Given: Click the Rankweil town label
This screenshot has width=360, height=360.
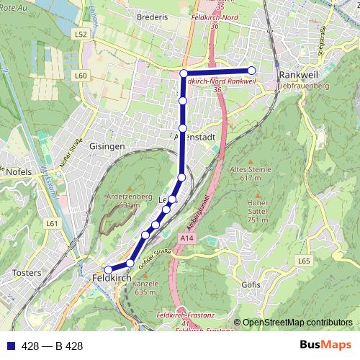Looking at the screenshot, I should click(x=298, y=74).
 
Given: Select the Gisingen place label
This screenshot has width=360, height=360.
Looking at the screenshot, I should click(x=108, y=145).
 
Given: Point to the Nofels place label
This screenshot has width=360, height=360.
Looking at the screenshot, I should click(x=19, y=172).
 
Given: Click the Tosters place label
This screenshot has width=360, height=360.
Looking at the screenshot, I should click(x=28, y=273).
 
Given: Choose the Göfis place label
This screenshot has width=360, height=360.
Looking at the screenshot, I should click(x=251, y=284).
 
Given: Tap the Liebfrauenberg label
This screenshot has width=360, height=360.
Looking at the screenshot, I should click(x=303, y=86).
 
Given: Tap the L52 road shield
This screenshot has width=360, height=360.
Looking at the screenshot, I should click(x=80, y=34).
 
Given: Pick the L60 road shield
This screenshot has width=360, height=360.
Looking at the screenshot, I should click(x=80, y=76).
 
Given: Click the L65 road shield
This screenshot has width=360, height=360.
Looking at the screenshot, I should click(x=303, y=261).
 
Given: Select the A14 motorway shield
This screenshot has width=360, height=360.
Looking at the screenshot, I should click(x=188, y=238).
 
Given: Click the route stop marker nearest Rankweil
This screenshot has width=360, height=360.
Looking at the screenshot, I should click(x=252, y=71).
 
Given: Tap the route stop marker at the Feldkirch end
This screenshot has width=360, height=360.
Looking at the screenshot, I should click(x=108, y=270).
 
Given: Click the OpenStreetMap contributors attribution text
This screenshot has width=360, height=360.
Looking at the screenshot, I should click(x=297, y=322).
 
